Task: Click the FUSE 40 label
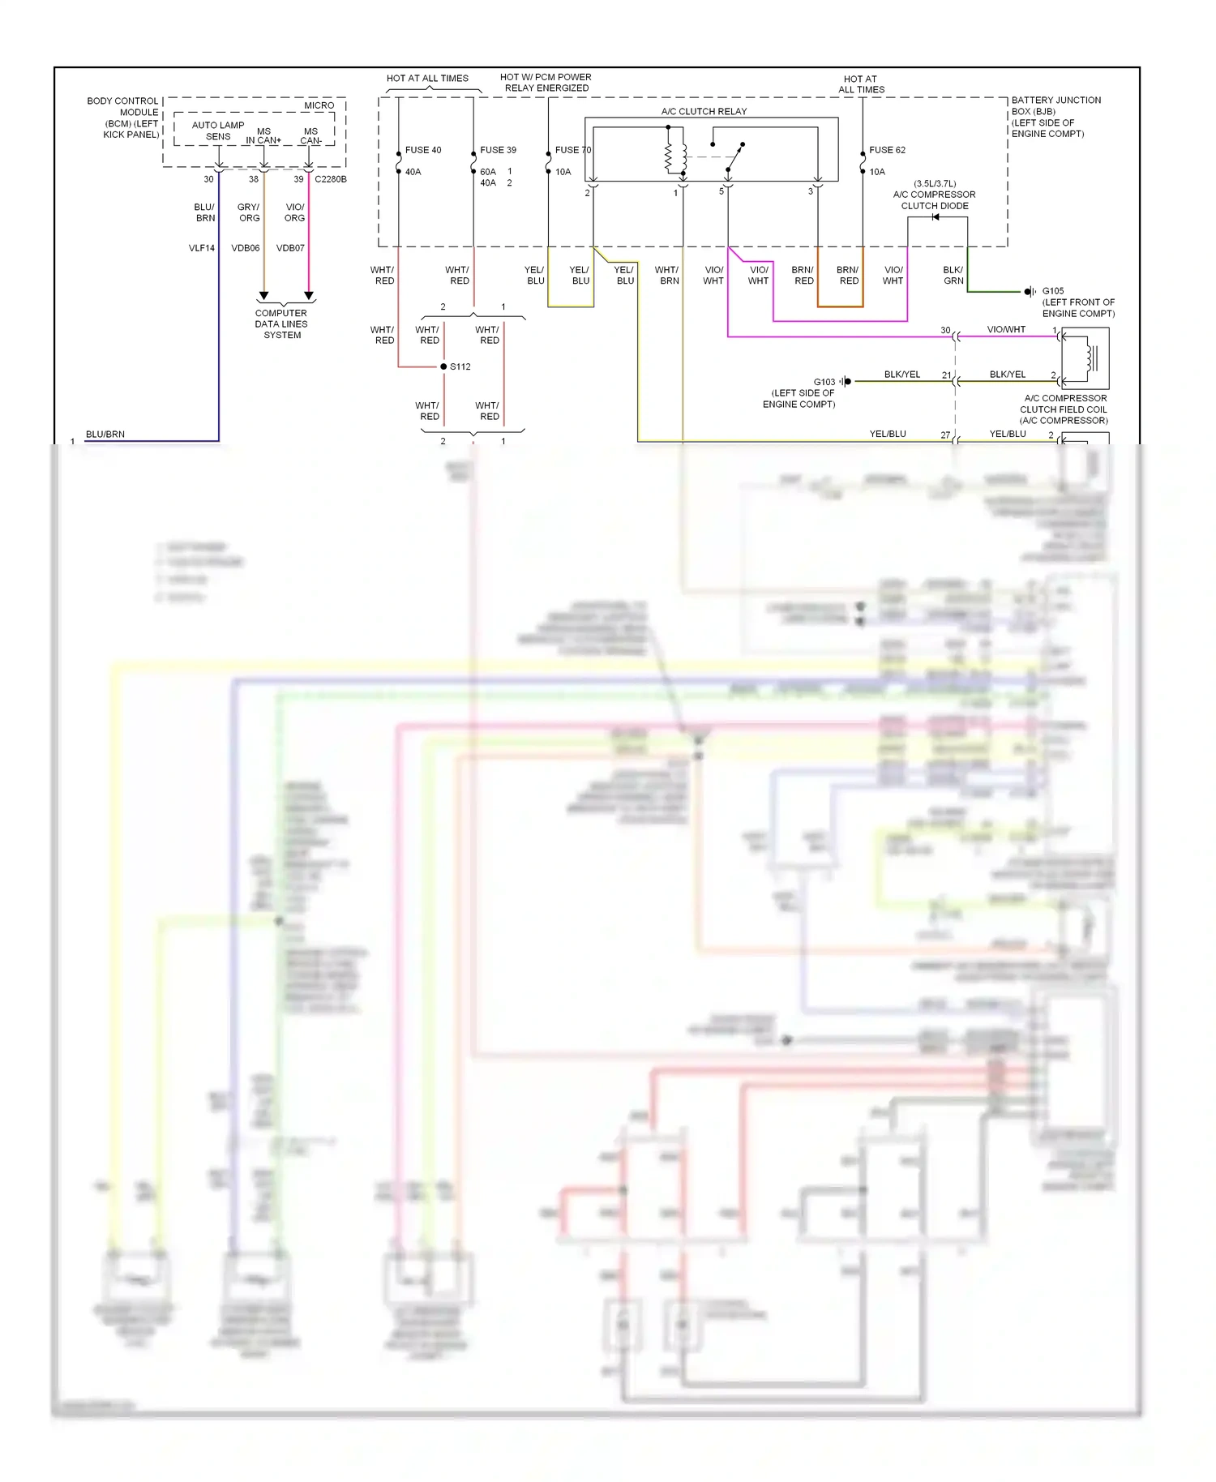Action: [423, 150]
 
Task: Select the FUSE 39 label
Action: [498, 150]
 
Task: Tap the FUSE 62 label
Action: [887, 150]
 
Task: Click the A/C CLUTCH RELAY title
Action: [704, 112]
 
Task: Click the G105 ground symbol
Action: [1029, 291]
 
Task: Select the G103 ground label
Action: [824, 382]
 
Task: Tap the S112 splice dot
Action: [443, 366]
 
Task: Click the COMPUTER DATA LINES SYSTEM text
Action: [281, 323]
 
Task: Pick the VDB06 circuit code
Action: [246, 248]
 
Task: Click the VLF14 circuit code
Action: [202, 248]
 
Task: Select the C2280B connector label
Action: [330, 179]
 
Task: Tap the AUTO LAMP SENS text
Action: [217, 131]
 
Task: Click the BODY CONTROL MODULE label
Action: [123, 118]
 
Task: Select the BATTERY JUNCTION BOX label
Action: [1055, 117]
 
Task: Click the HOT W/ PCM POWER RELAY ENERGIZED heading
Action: [546, 83]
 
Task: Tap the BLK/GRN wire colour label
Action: [953, 276]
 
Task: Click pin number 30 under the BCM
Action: [208, 179]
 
